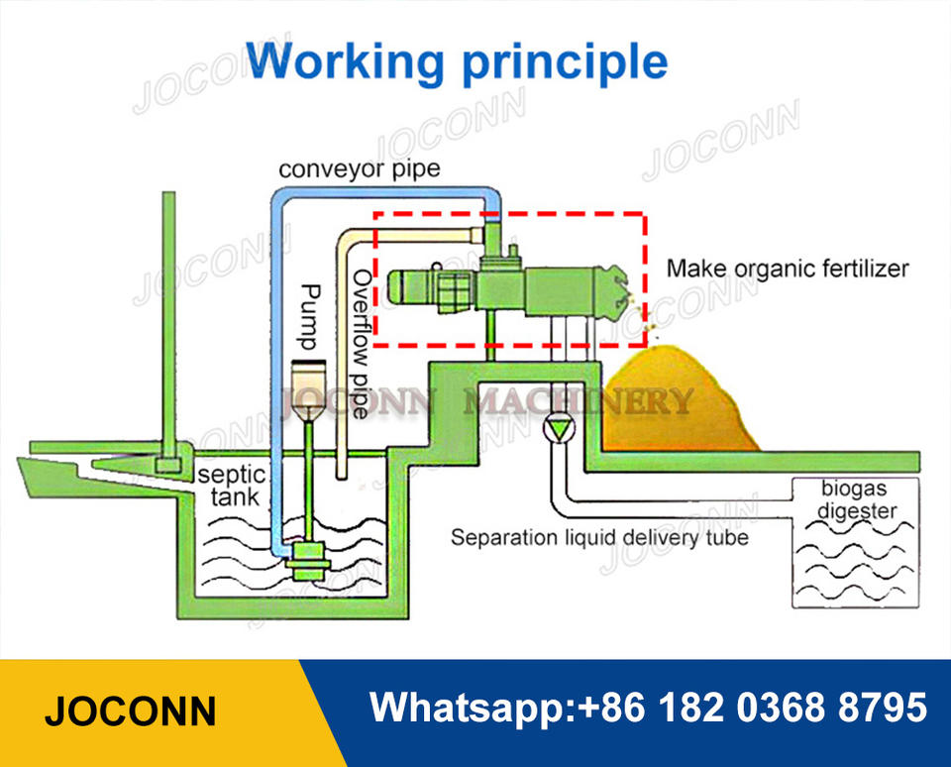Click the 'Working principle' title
pos(456,62)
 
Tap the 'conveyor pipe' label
pos(359,168)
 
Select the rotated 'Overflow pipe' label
pos(362,344)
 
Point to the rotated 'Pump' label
pos(310,317)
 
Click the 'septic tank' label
pos(232,486)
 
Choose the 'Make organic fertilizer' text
pos(788,269)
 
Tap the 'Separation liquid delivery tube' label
pos(599,538)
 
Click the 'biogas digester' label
pos(856,499)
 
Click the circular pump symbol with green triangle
pos(559,429)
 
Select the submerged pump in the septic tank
pos(309,560)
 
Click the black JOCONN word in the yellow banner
pos(131,712)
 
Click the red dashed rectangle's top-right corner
pos(644,214)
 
